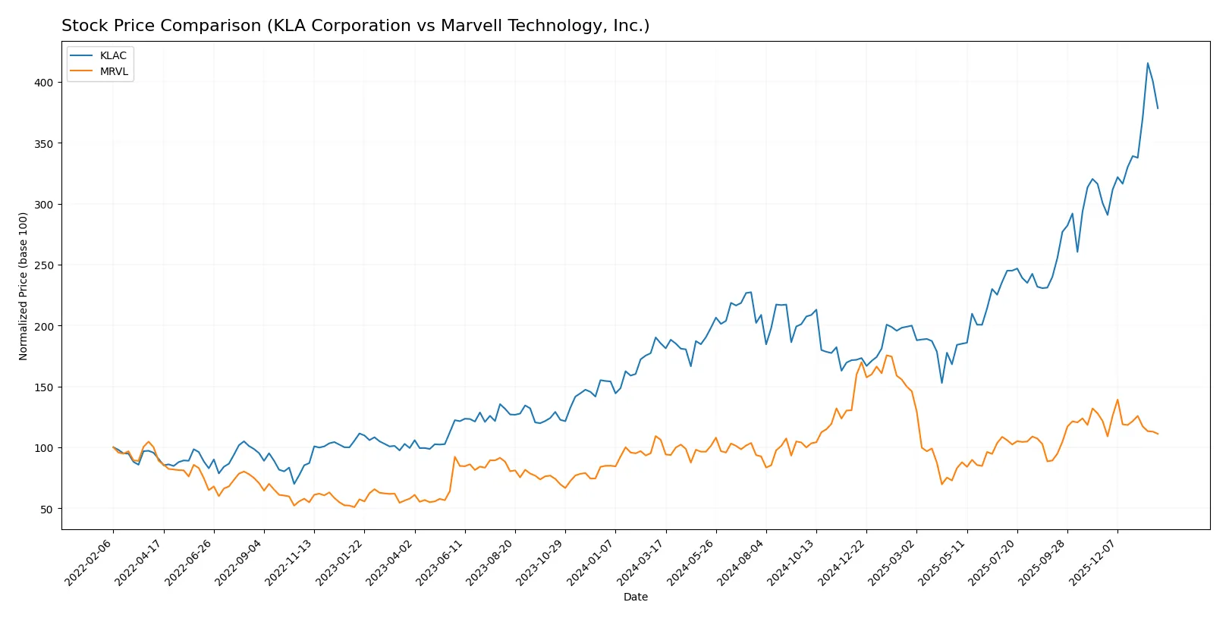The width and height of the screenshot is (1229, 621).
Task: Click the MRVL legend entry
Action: pyautogui.click(x=114, y=71)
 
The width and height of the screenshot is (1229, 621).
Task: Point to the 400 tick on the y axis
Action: pyautogui.click(x=43, y=83)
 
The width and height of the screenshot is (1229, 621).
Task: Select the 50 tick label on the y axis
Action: pyautogui.click(x=46, y=509)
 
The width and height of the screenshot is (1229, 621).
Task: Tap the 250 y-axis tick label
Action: pyautogui.click(x=43, y=265)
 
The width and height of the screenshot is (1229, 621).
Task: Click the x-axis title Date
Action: pyautogui.click(x=635, y=597)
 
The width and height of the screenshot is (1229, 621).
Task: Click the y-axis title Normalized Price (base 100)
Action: pyautogui.click(x=24, y=286)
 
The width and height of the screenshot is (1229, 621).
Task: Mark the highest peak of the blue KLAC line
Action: pyautogui.click(x=1148, y=63)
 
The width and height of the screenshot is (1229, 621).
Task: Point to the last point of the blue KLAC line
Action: pyautogui.click(x=1158, y=108)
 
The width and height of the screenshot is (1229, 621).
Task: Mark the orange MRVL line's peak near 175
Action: pyautogui.click(x=886, y=355)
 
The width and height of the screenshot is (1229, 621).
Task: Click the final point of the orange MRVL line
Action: pyautogui.click(x=1158, y=434)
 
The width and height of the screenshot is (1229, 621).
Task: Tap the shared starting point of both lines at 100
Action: pyautogui.click(x=113, y=447)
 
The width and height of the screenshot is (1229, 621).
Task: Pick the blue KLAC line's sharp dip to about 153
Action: pyautogui.click(x=941, y=382)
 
